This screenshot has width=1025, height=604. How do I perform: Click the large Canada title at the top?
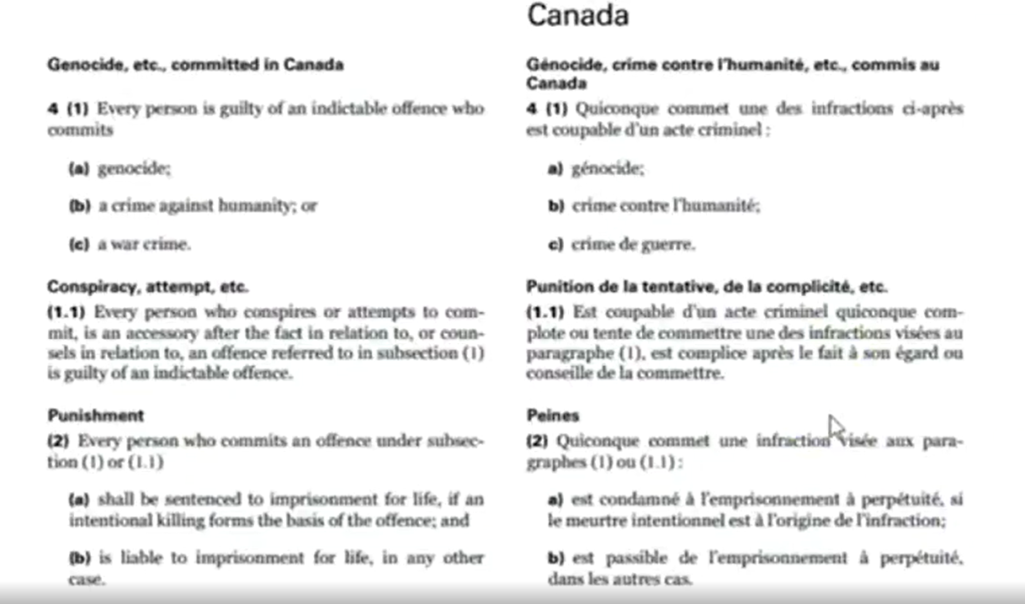[x=577, y=15]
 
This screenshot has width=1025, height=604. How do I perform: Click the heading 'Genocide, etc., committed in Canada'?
[x=195, y=65]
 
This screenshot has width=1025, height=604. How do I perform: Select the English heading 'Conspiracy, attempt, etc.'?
[x=147, y=287]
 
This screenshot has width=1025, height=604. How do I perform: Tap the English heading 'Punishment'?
[x=95, y=416]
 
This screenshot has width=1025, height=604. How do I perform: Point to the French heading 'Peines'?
[x=553, y=416]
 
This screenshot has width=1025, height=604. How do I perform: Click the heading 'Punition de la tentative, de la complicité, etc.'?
[x=707, y=287]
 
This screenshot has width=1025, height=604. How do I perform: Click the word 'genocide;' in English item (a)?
[x=135, y=168]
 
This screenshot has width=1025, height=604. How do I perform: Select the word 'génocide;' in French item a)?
[x=608, y=168]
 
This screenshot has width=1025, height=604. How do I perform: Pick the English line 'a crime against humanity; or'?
[x=207, y=205]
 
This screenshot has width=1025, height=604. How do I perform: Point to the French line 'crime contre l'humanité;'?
[x=666, y=205]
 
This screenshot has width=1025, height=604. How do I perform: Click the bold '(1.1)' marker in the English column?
[x=67, y=312]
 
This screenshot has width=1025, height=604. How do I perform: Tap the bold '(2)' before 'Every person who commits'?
[x=59, y=441]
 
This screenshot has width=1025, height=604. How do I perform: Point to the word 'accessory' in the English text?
[x=155, y=332]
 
